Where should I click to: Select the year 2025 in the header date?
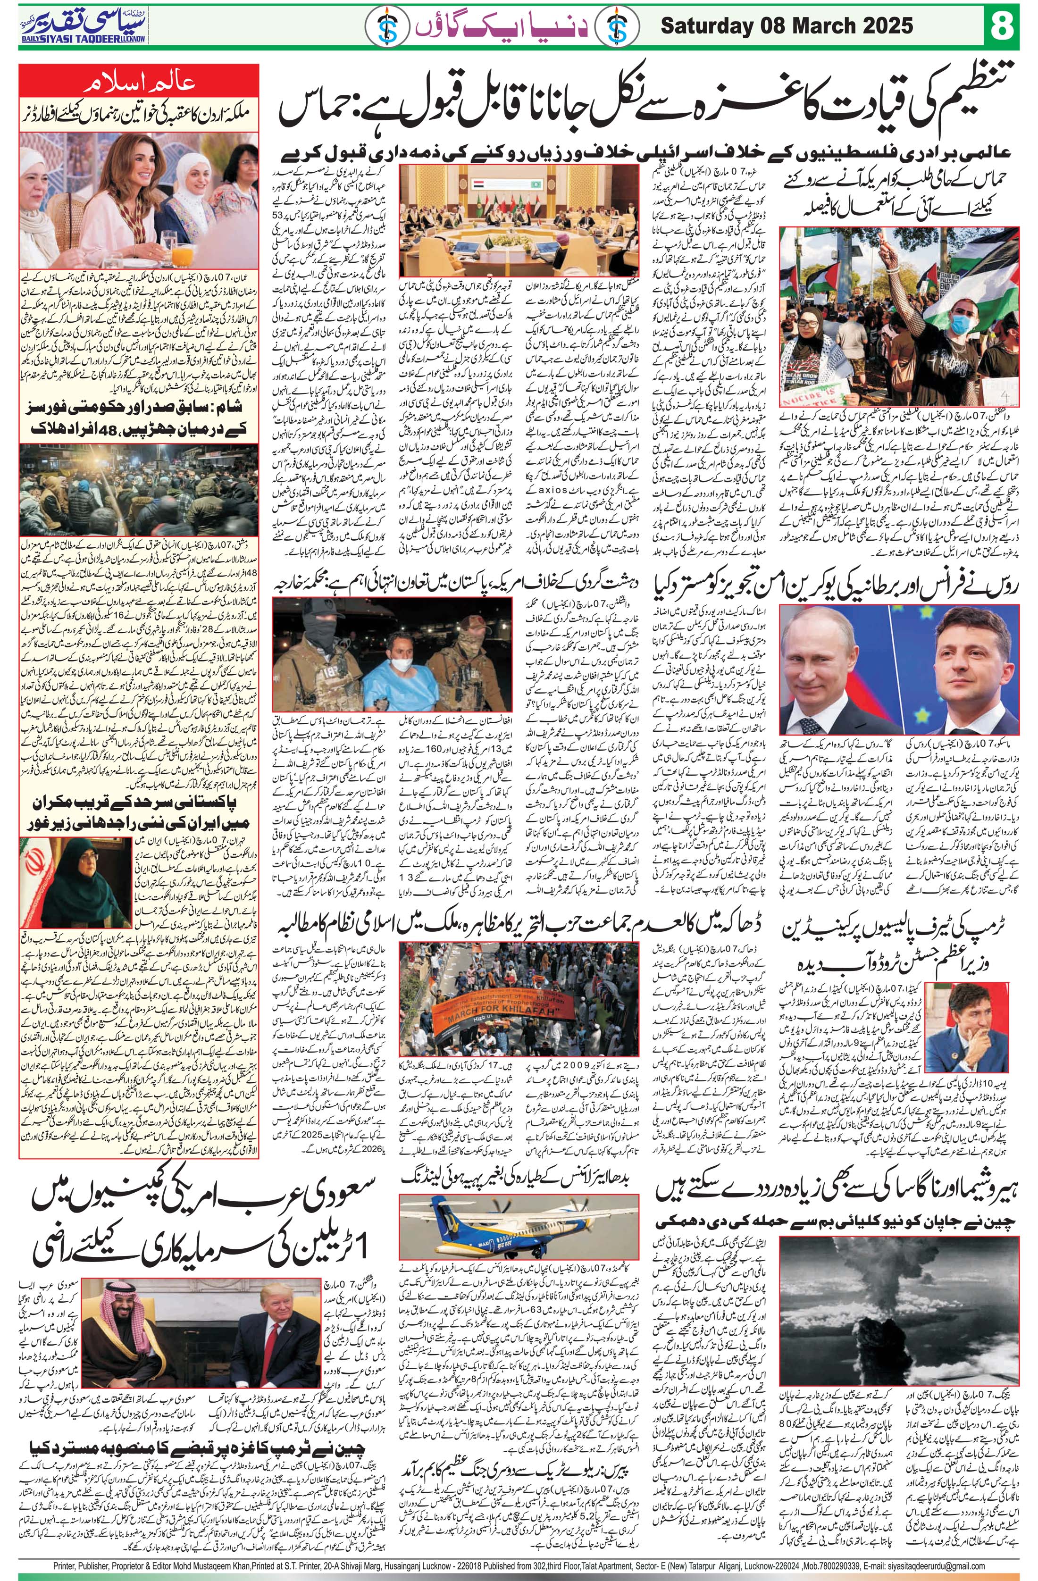click(x=889, y=26)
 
